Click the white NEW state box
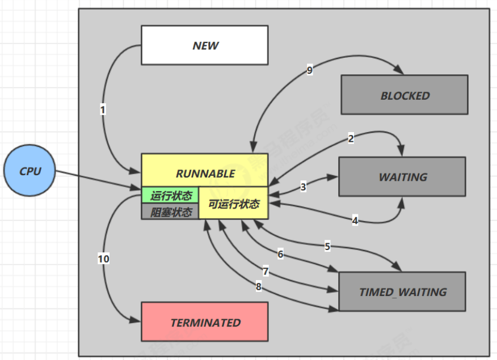pos(205,45)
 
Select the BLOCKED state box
pos(404,95)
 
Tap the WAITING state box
pos(402,177)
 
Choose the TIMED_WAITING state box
pos(402,292)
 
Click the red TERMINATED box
pos(205,322)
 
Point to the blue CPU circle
pos(30,171)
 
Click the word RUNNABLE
pos(205,173)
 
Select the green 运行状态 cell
pos(170,196)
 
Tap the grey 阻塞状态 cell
pos(170,212)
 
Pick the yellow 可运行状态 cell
pos(234,204)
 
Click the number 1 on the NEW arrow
pos(103,110)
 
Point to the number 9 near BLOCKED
pos(309,70)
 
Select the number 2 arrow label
pos(351,138)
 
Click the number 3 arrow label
pos(303,186)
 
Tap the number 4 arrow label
pos(355,221)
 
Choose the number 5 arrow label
pos(327,247)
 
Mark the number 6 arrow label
pos(280,254)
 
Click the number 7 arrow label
pos(266,272)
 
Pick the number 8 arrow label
pos(258,287)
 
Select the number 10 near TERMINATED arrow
pos(103,259)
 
